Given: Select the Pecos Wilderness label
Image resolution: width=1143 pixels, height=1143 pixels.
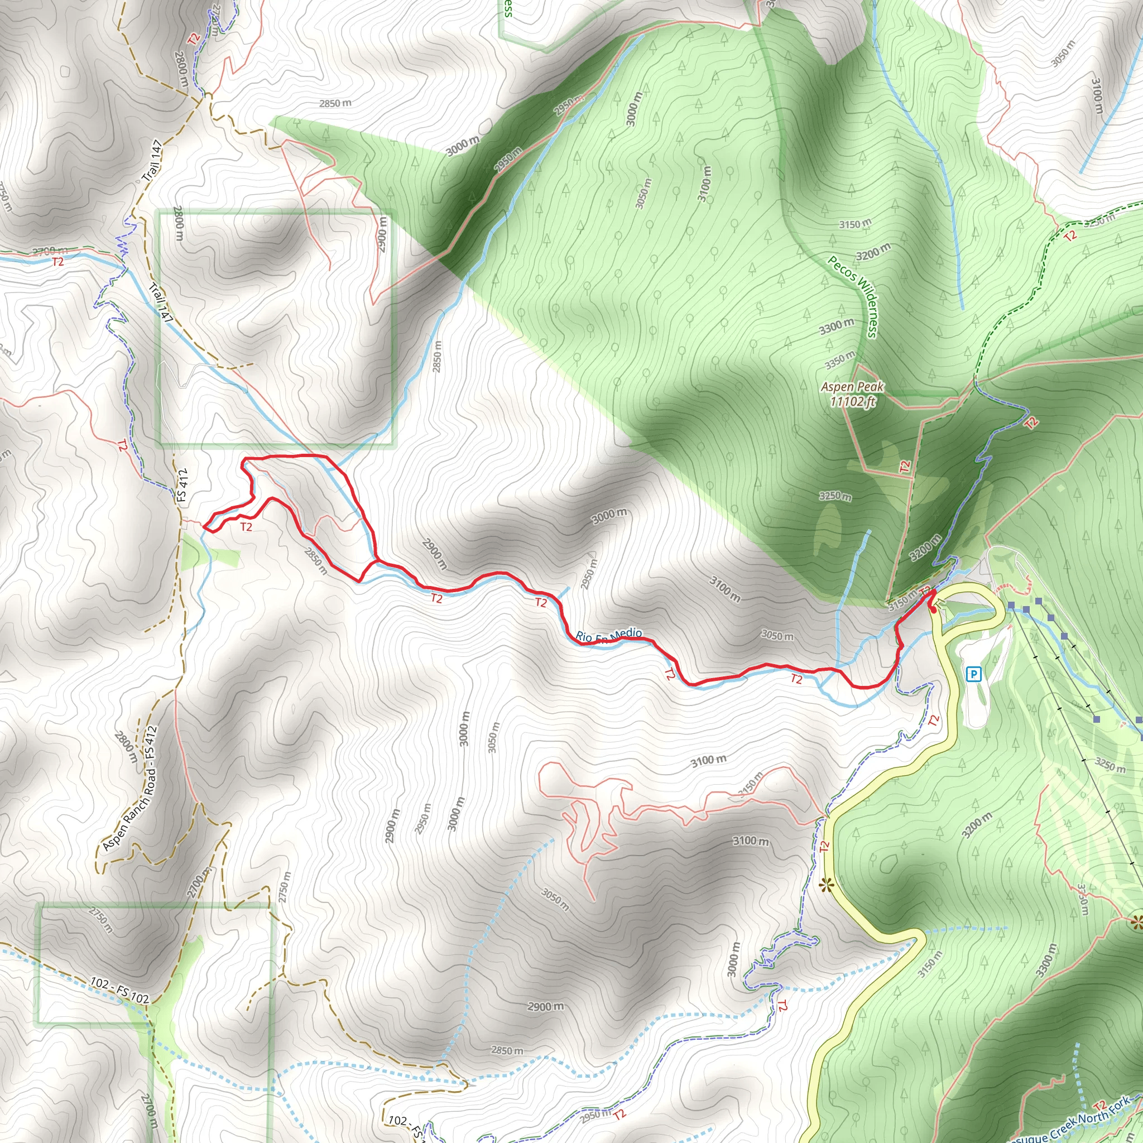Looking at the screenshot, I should [x=854, y=296].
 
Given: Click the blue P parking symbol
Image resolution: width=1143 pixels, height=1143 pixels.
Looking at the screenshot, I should [x=973, y=674].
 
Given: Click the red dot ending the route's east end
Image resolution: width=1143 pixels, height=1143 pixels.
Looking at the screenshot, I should [x=933, y=609].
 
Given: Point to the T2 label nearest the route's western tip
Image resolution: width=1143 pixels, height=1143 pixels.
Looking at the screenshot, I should [x=246, y=526].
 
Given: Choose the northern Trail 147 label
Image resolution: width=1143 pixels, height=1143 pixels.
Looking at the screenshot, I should [x=152, y=160].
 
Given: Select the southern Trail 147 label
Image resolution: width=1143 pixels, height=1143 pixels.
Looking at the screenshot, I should [x=160, y=304].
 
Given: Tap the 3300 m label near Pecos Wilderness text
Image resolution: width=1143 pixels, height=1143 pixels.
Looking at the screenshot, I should [x=837, y=325].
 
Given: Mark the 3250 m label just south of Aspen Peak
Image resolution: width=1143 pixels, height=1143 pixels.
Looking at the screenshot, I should [x=835, y=496].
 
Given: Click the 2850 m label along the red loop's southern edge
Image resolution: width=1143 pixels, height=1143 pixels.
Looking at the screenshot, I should [x=316, y=561].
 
